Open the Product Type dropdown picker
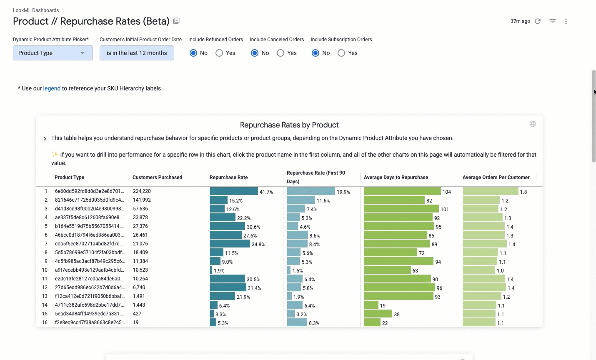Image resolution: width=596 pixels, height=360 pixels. pyautogui.click(x=53, y=53)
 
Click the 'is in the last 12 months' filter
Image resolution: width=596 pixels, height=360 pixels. pyautogui.click(x=137, y=53)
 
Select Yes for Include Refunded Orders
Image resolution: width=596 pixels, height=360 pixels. pyautogui.click(x=219, y=53)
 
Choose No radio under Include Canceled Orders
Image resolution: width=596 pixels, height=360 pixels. pyautogui.click(x=255, y=53)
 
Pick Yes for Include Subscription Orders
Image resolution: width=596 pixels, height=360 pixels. pyautogui.click(x=341, y=53)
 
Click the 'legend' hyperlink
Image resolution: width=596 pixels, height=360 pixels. pyautogui.click(x=52, y=88)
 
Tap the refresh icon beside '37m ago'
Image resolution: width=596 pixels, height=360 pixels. pyautogui.click(x=538, y=21)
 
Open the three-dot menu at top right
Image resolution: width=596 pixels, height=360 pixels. pyautogui.click(x=566, y=21)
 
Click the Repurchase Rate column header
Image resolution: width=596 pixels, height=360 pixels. pyautogui.click(x=228, y=177)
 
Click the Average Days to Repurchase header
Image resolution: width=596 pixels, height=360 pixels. pyautogui.click(x=396, y=177)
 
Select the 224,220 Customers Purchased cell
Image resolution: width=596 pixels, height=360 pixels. pyautogui.click(x=142, y=191)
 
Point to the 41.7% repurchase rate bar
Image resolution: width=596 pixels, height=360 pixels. pyautogui.click(x=234, y=191)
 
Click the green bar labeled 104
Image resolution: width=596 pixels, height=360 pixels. pyautogui.click(x=402, y=191)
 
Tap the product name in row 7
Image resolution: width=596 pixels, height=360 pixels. pyautogui.click(x=89, y=244)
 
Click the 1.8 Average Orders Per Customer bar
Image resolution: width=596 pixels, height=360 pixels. pyautogui.click(x=491, y=191)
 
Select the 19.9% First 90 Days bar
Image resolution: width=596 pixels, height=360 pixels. pyautogui.click(x=311, y=191)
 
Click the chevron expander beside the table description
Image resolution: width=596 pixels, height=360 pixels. pyautogui.click(x=45, y=138)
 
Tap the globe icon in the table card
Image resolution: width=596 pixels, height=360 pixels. pyautogui.click(x=533, y=124)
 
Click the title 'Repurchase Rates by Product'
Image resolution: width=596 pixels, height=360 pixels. pyautogui.click(x=289, y=125)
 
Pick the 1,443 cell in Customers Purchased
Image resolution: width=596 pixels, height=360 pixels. pyautogui.click(x=139, y=305)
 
